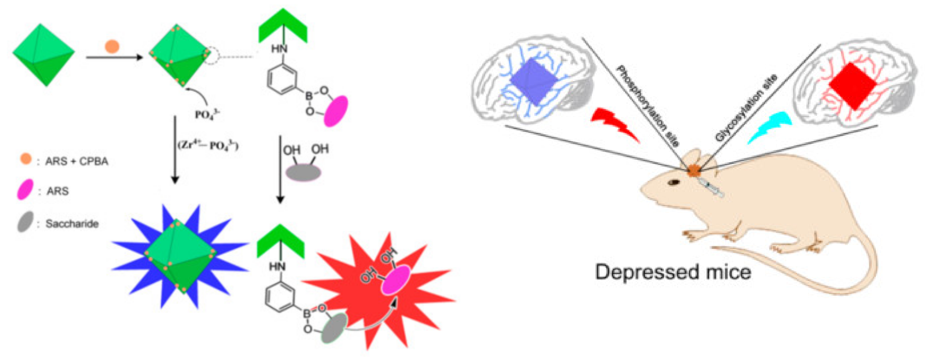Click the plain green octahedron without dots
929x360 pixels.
[44, 55]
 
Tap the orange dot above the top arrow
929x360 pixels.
[112, 46]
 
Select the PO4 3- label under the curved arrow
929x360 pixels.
[207, 114]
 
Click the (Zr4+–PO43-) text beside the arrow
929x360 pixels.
[208, 145]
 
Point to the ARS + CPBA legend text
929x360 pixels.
[76, 161]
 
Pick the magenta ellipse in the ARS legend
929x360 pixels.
[25, 189]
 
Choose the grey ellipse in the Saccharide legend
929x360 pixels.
[25, 222]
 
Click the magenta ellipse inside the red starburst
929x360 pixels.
[396, 280]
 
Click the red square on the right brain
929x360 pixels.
[853, 86]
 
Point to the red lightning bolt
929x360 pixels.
[615, 124]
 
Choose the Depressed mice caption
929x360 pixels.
[673, 272]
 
